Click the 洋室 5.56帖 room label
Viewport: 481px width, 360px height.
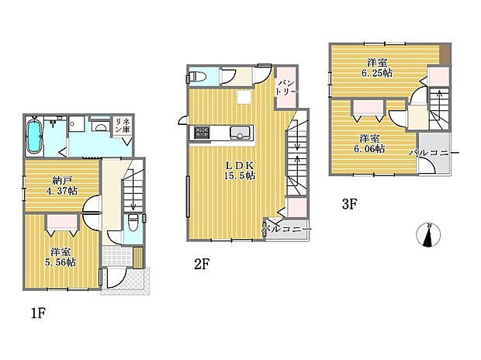61,257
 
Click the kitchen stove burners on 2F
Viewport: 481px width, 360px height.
201,133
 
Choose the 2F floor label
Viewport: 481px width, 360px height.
202,264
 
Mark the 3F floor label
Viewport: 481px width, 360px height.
348,205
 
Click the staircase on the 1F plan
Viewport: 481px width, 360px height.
132,186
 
